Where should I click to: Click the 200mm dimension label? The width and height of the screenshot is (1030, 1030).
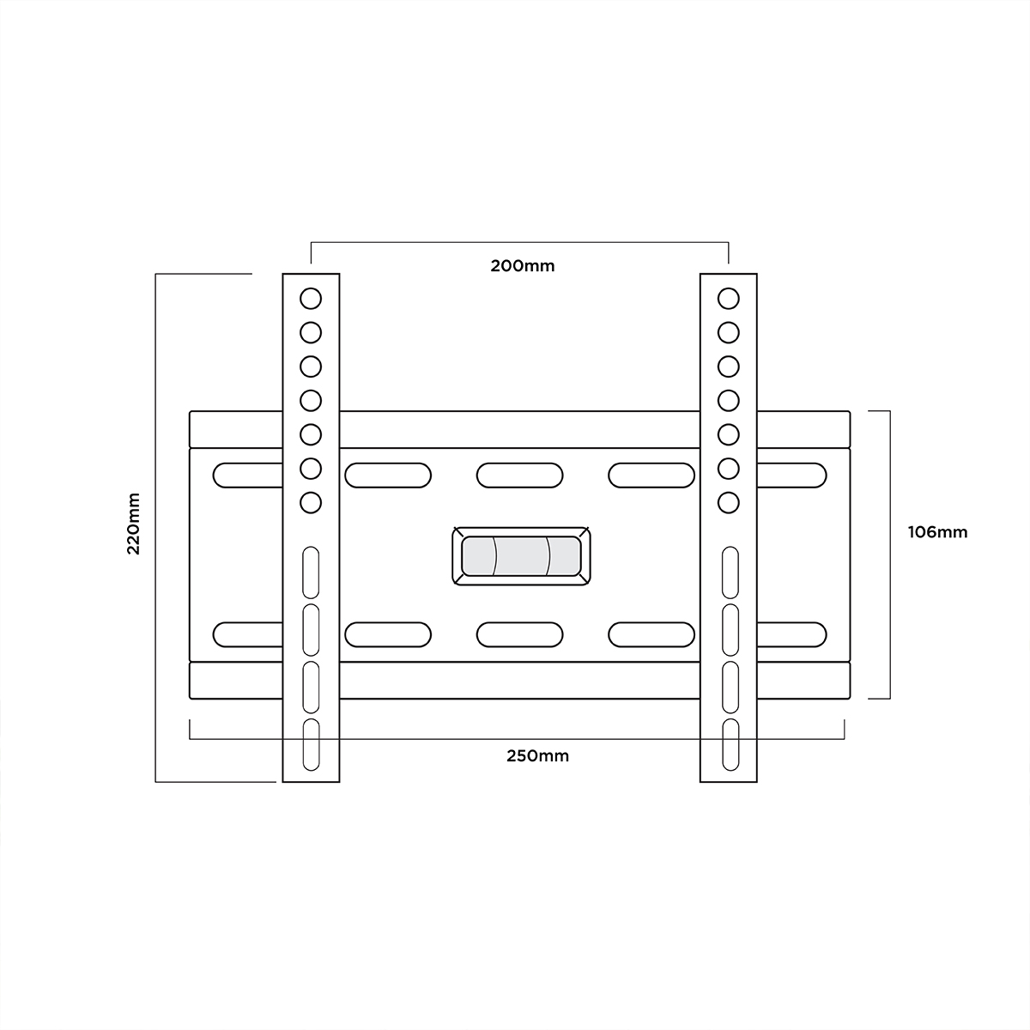click(x=522, y=265)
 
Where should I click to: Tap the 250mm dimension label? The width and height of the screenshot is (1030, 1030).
click(x=537, y=756)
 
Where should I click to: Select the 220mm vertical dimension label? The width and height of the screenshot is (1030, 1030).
click(x=134, y=524)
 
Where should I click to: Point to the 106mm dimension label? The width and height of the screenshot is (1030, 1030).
click(x=937, y=532)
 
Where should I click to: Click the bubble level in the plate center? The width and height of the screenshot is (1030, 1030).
click(x=521, y=557)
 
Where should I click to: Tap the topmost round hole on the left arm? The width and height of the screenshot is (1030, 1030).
click(x=311, y=299)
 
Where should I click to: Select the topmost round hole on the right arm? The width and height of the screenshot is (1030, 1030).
click(x=728, y=299)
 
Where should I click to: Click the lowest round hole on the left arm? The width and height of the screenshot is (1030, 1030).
click(x=311, y=501)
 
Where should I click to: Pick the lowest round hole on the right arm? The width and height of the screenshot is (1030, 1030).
click(x=728, y=501)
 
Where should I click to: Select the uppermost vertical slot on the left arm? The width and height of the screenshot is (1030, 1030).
click(x=311, y=572)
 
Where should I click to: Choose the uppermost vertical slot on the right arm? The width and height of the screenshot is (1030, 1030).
click(x=730, y=572)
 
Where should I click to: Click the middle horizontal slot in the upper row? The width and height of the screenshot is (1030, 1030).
click(x=520, y=475)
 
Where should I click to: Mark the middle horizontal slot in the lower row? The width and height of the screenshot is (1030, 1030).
click(x=520, y=634)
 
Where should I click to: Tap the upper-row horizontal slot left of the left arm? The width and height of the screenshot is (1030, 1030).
click(x=247, y=475)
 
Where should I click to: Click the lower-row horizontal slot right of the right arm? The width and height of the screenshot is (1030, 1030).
click(x=791, y=634)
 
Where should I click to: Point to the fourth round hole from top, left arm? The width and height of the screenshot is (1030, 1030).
click(x=311, y=400)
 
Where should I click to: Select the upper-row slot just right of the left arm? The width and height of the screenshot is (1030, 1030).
click(x=388, y=475)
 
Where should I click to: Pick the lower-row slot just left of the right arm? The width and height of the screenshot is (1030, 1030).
click(x=651, y=634)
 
